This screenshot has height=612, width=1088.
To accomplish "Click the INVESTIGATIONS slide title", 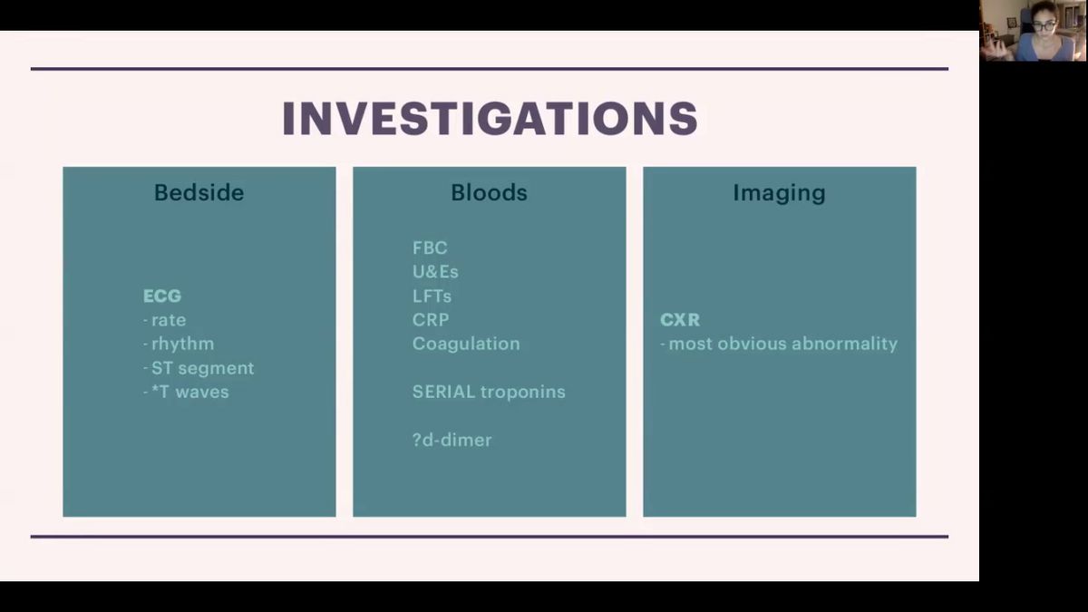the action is [x=490, y=118].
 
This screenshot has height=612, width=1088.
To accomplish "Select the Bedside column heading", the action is [x=199, y=192].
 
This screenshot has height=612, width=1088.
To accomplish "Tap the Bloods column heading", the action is [x=489, y=192].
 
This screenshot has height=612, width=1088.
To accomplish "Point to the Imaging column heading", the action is [x=779, y=193].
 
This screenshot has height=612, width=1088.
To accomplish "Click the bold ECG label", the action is [x=162, y=296].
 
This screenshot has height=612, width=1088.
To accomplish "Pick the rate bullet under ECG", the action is [x=165, y=320].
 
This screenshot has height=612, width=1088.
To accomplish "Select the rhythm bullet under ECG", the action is [x=179, y=345].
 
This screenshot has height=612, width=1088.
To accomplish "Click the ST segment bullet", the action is [x=199, y=369].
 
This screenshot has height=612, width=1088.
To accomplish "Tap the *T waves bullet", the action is [x=186, y=392].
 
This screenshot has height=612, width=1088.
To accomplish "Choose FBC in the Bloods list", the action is [x=430, y=248].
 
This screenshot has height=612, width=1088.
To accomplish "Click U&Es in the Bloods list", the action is [x=435, y=272].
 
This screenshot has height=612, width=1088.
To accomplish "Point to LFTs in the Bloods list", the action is [x=432, y=296].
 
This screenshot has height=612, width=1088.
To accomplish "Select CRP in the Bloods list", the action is [x=431, y=320].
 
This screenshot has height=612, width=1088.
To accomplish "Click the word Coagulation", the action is [x=466, y=345].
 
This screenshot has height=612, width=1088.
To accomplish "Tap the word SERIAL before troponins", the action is [x=443, y=392].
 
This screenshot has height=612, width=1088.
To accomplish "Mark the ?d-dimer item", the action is [x=452, y=440].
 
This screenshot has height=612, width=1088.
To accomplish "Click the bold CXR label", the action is [x=680, y=320].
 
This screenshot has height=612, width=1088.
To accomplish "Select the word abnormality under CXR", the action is [x=845, y=345].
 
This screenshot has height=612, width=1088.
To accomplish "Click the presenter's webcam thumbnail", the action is [x=1033, y=31].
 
